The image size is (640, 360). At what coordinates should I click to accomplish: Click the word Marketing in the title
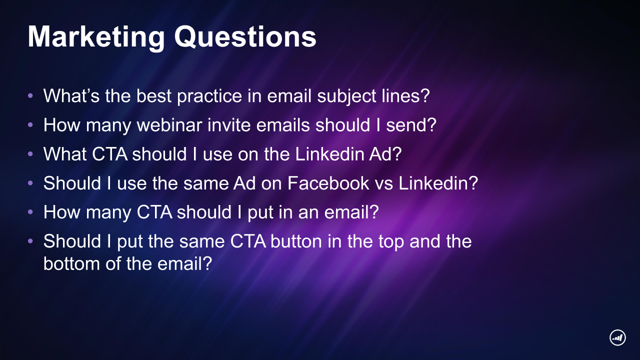click(96, 37)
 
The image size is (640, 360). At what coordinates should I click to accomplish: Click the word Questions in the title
click(245, 37)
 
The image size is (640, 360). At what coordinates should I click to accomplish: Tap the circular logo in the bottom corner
click(617, 337)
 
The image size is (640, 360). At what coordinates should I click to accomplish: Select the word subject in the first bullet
click(346, 96)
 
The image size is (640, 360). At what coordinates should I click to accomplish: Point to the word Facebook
click(328, 183)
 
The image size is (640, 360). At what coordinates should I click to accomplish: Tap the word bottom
click(71, 263)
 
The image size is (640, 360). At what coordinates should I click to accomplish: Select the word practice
click(209, 96)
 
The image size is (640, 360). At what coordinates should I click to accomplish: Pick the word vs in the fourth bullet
click(383, 183)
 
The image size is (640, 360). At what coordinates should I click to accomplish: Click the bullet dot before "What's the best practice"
click(30, 95)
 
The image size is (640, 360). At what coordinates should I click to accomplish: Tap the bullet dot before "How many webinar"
click(30, 125)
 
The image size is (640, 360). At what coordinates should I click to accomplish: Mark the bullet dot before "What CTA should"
click(30, 154)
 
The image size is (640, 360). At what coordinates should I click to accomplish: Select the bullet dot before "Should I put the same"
click(30, 241)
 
